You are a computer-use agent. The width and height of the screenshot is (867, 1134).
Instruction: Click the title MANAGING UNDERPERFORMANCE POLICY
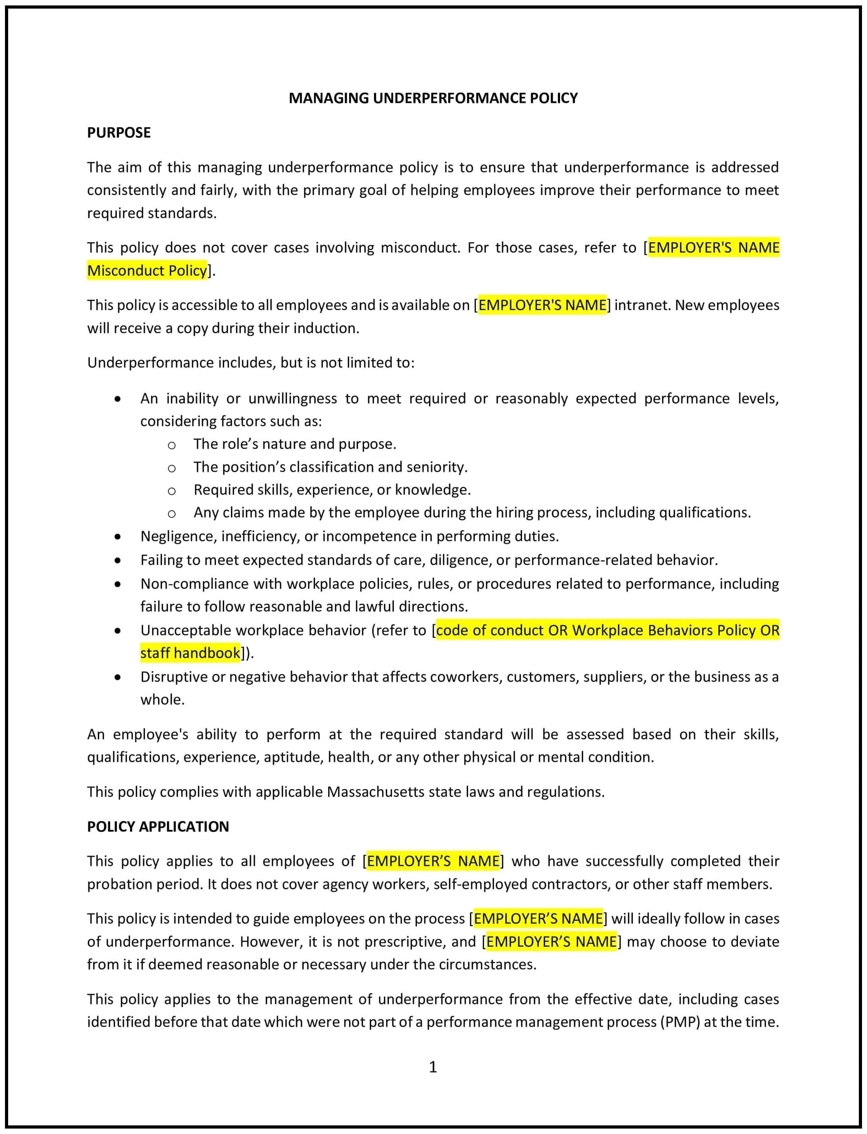point(432,98)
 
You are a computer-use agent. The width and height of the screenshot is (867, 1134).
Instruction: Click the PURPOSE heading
point(119,133)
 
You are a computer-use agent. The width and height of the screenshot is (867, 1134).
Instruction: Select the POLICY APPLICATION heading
point(158,826)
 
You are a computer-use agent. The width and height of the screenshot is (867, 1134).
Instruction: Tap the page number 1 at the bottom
point(432,1067)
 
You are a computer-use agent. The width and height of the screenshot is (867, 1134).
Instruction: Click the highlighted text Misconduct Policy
point(147,270)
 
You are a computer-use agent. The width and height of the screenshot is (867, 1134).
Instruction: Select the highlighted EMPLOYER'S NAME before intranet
point(542,305)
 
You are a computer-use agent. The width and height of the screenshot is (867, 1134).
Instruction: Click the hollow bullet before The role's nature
point(171,445)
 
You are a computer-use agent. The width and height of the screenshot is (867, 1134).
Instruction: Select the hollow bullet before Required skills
point(171,491)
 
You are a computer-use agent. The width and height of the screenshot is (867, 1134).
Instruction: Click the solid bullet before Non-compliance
point(118,584)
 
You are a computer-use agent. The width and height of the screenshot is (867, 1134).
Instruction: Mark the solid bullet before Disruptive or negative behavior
point(118,677)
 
